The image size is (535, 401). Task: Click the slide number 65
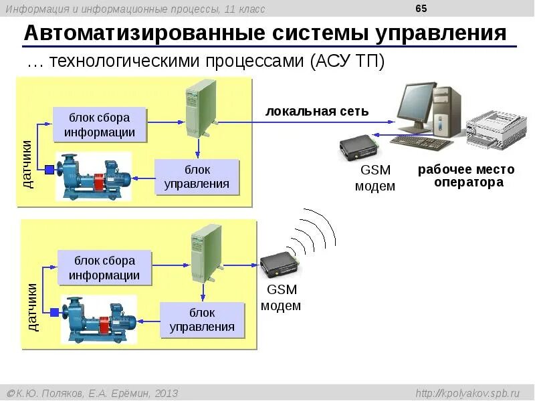click(x=421, y=8)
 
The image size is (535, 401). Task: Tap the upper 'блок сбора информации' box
click(x=100, y=124)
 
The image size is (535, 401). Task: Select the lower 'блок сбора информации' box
click(x=105, y=267)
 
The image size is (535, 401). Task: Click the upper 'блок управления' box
click(x=197, y=176)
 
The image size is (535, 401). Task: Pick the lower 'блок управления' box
click(x=202, y=319)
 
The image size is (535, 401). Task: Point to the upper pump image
click(x=94, y=176)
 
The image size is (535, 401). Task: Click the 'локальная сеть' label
click(x=317, y=111)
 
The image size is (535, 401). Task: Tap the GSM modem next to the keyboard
click(x=359, y=148)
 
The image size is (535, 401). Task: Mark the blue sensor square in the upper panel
click(x=49, y=169)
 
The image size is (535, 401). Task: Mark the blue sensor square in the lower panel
click(x=54, y=311)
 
